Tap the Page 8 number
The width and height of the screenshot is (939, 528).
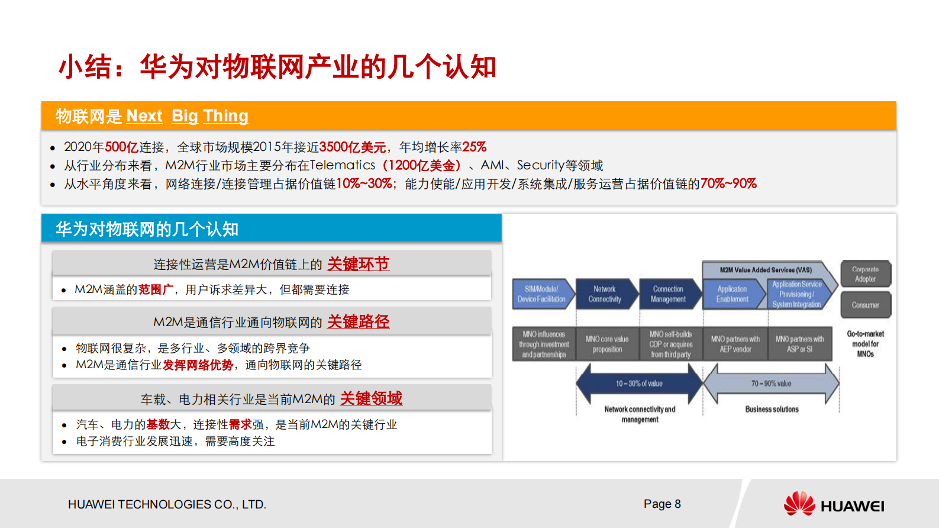662,504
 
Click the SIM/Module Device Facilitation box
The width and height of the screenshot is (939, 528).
541,294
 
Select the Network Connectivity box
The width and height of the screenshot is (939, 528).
605,294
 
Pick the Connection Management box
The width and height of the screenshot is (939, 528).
668,294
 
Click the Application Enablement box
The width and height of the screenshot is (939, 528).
732,294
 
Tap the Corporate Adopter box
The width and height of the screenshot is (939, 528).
866,274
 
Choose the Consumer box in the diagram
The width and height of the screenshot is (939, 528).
866,305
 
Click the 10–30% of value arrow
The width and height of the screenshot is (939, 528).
639,384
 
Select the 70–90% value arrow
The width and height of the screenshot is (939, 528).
771,384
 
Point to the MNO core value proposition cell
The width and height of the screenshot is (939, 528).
607,344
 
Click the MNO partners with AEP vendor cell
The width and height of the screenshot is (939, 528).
735,344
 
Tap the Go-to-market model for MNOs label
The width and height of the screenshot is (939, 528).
865,344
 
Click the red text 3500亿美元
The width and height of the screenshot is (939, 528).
353,147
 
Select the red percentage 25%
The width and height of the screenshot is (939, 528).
475,147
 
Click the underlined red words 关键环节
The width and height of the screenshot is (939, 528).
358,264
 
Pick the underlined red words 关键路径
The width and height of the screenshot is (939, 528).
358,322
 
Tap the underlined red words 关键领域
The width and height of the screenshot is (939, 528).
371,398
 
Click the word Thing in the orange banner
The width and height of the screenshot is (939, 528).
225,116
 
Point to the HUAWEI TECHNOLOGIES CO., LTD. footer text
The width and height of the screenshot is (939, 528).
167,504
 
